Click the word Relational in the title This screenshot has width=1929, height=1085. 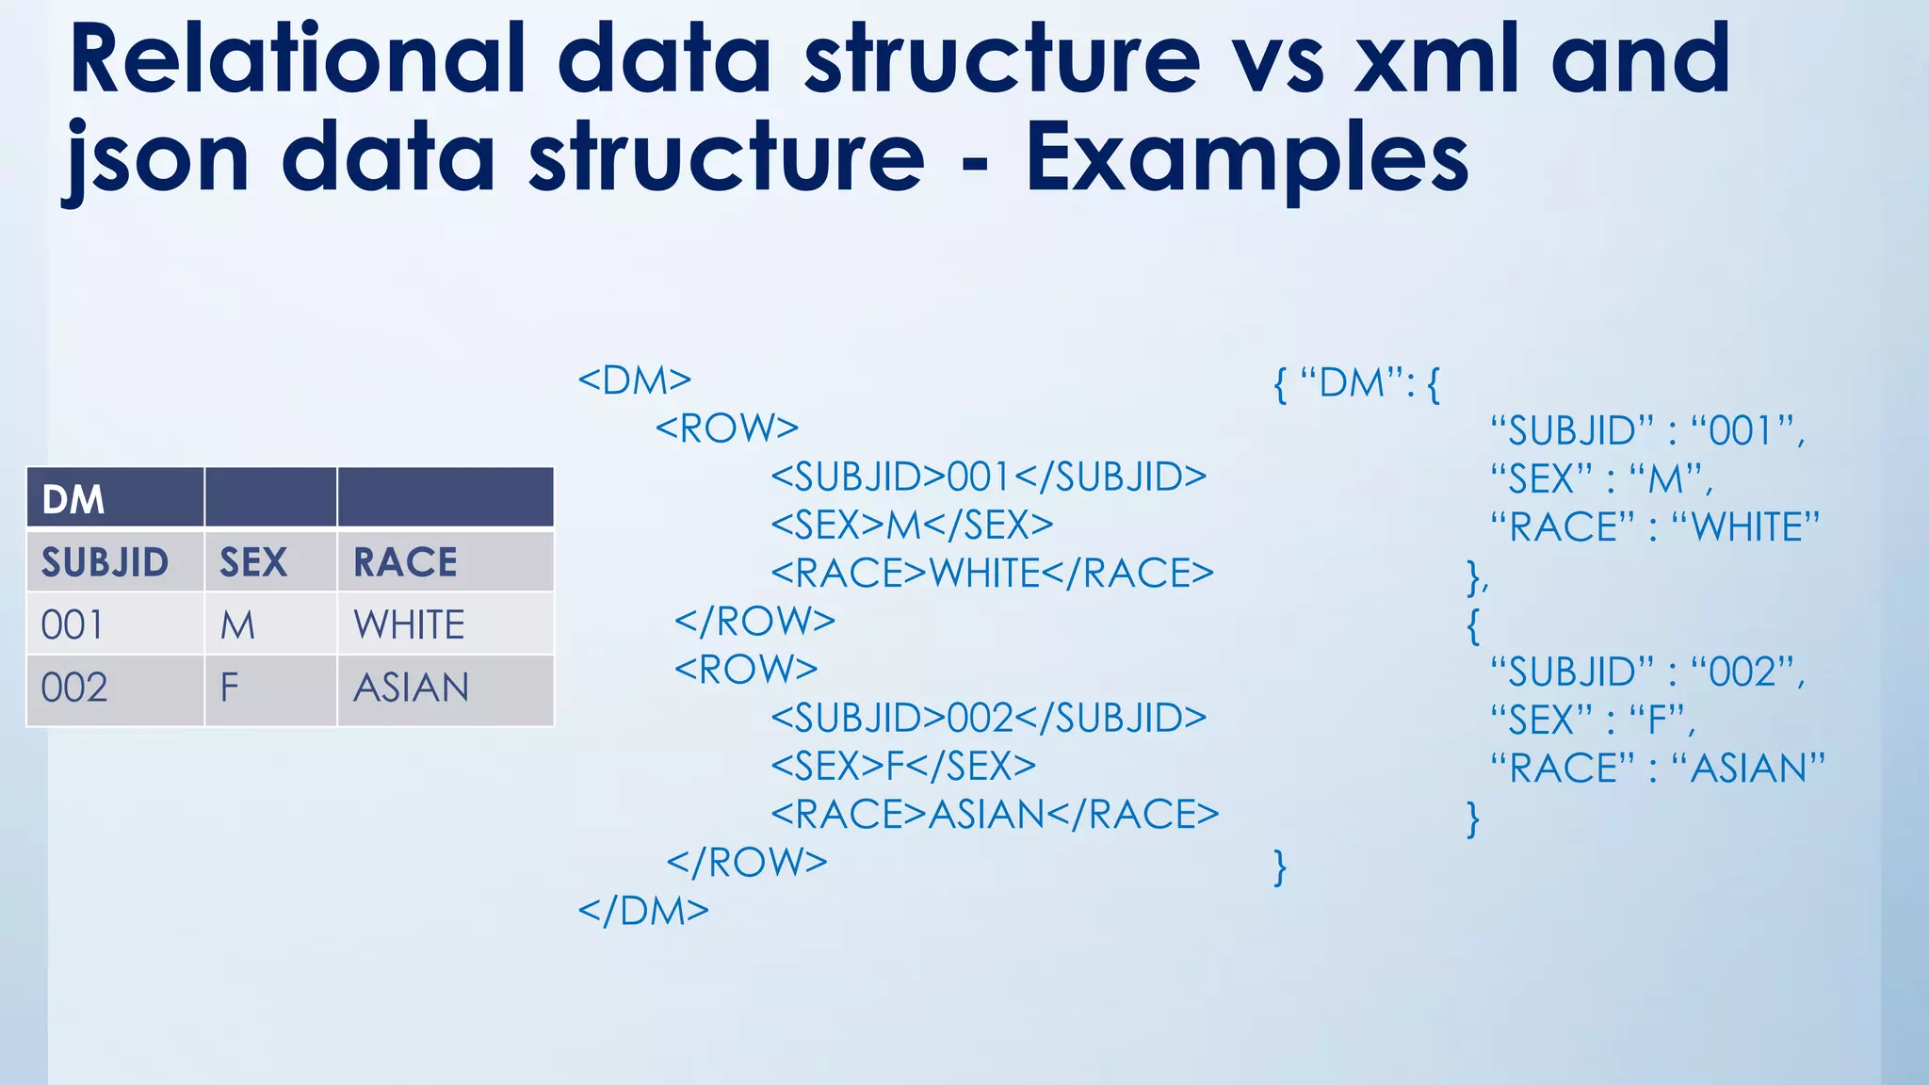tap(298, 58)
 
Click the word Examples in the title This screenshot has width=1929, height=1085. tap(1247, 157)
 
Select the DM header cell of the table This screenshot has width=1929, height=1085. tap(115, 498)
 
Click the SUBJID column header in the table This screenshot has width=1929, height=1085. tap(105, 562)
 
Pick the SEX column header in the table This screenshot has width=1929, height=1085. tap(254, 562)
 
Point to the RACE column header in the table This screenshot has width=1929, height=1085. tap(406, 562)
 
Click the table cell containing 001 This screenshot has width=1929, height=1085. tap(73, 624)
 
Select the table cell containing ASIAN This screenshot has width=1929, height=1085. tap(412, 688)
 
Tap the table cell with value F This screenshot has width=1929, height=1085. tap(230, 688)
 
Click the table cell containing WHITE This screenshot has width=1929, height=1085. tap(410, 624)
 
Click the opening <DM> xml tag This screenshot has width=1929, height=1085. tap(635, 380)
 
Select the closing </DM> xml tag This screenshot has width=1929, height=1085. tap(643, 911)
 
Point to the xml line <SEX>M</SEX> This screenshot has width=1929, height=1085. tap(912, 525)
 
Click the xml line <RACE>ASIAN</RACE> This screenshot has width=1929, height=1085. tap(995, 814)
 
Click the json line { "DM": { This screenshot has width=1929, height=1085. tap(1356, 383)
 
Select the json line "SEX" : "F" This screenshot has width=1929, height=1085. tap(1592, 721)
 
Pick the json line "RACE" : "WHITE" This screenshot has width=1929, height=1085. tap(1655, 526)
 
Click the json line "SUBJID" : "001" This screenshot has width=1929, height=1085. tap(1647, 431)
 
